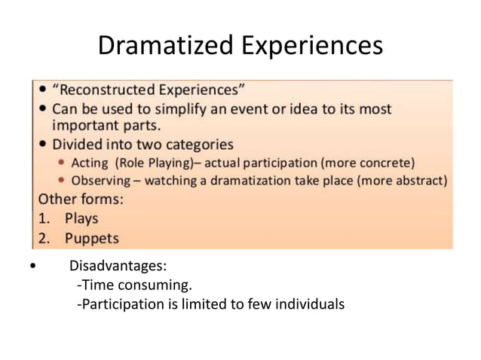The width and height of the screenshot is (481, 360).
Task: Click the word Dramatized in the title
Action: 166,46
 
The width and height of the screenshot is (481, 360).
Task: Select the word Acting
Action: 90,163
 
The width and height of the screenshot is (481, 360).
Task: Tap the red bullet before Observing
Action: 61,182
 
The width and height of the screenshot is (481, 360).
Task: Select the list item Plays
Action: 81,219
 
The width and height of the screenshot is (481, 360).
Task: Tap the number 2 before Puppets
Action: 44,239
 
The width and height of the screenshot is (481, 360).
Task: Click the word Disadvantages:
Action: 118,266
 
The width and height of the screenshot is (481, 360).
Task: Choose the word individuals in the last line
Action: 312,304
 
